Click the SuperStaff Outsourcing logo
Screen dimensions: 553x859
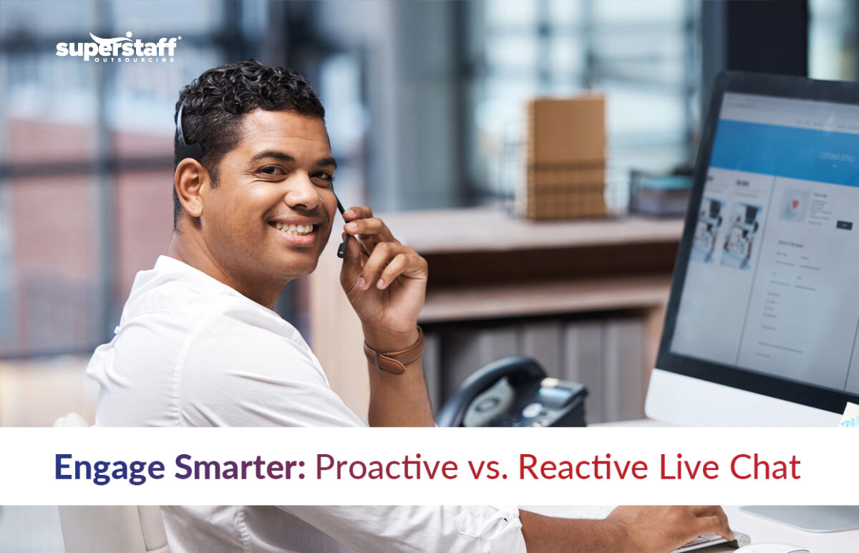[118, 47]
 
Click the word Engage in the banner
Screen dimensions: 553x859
[110, 467]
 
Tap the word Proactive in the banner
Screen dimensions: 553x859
[387, 467]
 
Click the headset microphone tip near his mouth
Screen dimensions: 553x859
[344, 247]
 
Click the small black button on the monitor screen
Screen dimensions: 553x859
[844, 225]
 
